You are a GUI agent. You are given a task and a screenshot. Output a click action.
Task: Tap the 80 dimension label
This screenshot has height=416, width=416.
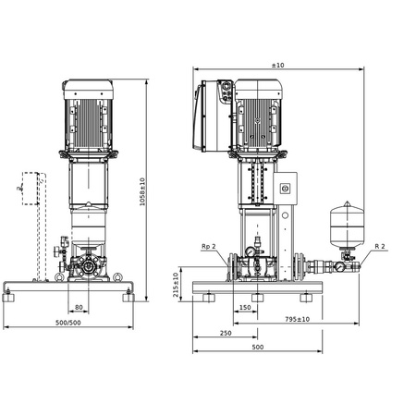[x=80, y=308]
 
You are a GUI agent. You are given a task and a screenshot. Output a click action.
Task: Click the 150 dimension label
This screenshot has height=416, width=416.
[x=245, y=308]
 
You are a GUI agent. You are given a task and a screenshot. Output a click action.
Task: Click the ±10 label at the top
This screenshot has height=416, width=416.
[x=276, y=67]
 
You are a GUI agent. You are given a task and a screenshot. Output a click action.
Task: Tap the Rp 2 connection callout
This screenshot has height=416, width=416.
[x=208, y=247]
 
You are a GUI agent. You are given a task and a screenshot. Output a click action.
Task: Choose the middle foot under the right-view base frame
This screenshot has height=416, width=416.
[x=263, y=299]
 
